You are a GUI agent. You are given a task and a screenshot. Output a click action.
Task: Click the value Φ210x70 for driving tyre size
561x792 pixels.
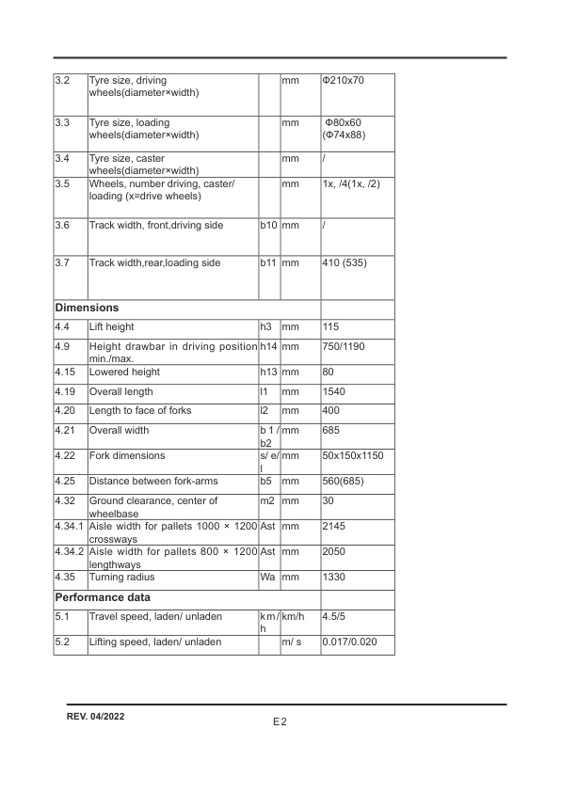[343, 81]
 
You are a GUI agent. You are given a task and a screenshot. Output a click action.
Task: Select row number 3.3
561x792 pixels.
[63, 123]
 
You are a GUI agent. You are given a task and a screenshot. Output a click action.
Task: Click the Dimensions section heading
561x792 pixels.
[87, 308]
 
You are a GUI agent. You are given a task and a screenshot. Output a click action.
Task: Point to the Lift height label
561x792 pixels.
[111, 326]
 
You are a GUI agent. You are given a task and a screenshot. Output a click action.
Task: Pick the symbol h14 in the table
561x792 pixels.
[268, 347]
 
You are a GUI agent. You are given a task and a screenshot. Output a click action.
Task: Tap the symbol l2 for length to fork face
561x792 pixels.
[264, 411]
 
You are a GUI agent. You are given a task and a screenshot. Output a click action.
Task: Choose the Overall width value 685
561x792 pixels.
[330, 430]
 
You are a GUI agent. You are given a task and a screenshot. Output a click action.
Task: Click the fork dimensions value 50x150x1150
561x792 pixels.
[352, 455]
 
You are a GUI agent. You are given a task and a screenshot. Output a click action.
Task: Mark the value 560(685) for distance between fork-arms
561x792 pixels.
[343, 481]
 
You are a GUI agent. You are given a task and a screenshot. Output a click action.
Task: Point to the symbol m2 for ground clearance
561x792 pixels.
[266, 500]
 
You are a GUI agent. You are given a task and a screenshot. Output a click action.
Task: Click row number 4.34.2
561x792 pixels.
[71, 551]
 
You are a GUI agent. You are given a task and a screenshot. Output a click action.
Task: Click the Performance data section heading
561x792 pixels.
[103, 597]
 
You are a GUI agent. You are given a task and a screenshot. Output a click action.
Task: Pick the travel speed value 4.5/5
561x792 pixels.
[335, 617]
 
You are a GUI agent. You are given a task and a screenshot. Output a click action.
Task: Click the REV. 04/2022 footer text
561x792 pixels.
[96, 717]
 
